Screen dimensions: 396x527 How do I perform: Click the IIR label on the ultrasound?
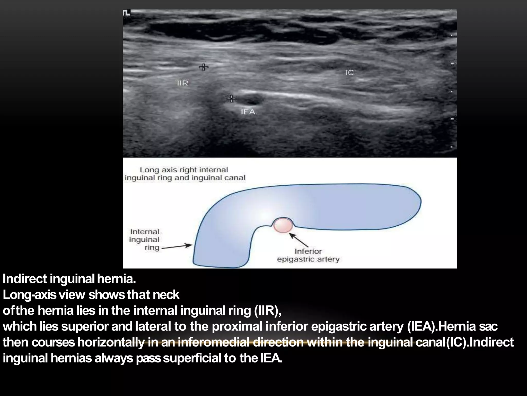(182, 83)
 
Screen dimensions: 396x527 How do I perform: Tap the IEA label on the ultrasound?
(248, 112)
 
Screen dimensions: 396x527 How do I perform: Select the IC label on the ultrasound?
(349, 73)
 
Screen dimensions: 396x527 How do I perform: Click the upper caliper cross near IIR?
(204, 67)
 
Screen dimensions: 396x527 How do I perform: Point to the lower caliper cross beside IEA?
(231, 98)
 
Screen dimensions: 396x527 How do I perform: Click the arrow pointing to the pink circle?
(299, 240)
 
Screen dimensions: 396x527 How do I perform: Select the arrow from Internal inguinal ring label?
(177, 247)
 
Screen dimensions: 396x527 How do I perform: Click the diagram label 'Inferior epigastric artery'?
(308, 255)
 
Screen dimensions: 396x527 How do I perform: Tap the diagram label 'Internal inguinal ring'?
(144, 240)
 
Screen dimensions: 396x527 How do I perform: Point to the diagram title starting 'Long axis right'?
(185, 174)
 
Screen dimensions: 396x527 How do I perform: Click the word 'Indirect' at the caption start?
(25, 279)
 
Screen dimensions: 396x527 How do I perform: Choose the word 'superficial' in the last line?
(192, 358)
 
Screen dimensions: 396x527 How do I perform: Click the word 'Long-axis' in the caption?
(29, 295)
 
